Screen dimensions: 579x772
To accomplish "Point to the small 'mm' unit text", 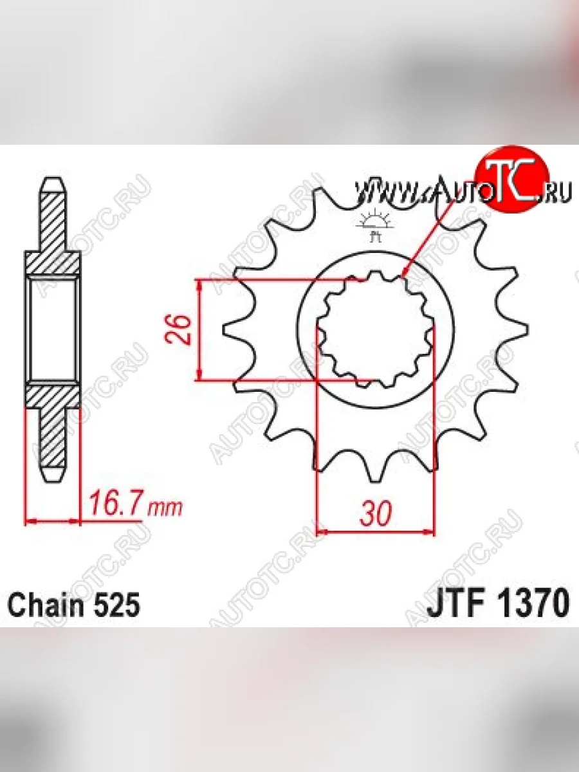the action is pos(165,508).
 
